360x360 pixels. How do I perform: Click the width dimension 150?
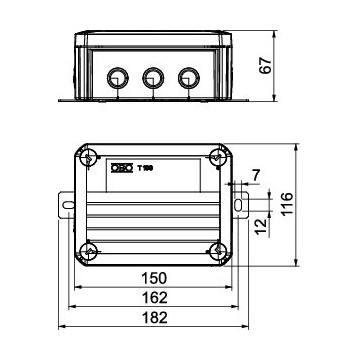click(153, 276)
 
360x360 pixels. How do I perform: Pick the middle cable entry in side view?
click(153, 77)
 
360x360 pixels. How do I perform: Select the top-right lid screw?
click(217, 158)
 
